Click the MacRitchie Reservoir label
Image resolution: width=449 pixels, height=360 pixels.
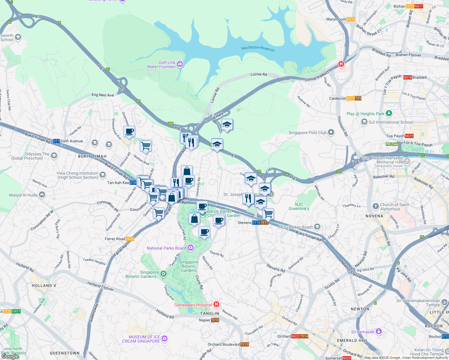[x=258, y=48]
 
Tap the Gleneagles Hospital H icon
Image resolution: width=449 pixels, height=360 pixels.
[x=216, y=304]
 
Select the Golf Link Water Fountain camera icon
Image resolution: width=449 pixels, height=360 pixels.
[x=180, y=64]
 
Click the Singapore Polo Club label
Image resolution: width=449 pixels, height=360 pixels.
[x=307, y=133]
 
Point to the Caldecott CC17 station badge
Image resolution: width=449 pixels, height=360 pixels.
[x=350, y=98]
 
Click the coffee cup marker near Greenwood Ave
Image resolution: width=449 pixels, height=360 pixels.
[x=129, y=131]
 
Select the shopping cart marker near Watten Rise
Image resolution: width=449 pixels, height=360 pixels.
[x=146, y=146]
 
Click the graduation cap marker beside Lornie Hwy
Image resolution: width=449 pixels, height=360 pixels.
[x=227, y=124]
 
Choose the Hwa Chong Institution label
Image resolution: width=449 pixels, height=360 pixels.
[x=78, y=175]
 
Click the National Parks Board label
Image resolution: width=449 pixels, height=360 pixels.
[x=167, y=248]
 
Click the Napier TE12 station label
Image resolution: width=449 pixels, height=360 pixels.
[x=209, y=320]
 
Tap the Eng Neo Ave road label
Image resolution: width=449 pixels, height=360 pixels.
[x=103, y=95]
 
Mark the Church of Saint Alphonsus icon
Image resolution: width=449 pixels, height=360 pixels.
[x=375, y=206]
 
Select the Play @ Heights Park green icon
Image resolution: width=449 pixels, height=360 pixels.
[x=389, y=113]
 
